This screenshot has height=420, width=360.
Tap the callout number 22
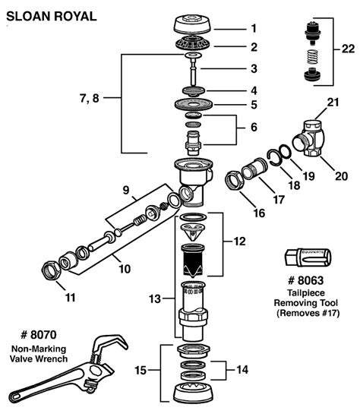click(348, 49)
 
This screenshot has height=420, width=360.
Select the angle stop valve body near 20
click(308, 138)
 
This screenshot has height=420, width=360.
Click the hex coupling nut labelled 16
click(235, 181)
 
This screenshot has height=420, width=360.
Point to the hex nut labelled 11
click(52, 270)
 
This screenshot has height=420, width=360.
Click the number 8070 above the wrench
click(43, 335)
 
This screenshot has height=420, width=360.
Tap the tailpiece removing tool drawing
click(308, 257)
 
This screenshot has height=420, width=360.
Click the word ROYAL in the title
click(75, 17)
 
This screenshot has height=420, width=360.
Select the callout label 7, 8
click(90, 98)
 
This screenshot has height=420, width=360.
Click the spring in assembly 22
click(312, 56)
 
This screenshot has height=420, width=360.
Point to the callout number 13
click(155, 298)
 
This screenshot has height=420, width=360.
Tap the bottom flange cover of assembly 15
click(193, 394)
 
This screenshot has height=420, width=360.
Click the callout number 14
click(242, 370)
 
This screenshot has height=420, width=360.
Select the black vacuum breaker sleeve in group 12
click(193, 260)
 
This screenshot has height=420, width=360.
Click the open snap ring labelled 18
click(273, 158)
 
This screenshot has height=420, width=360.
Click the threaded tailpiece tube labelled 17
click(254, 169)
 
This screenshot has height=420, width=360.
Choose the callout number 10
click(125, 269)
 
